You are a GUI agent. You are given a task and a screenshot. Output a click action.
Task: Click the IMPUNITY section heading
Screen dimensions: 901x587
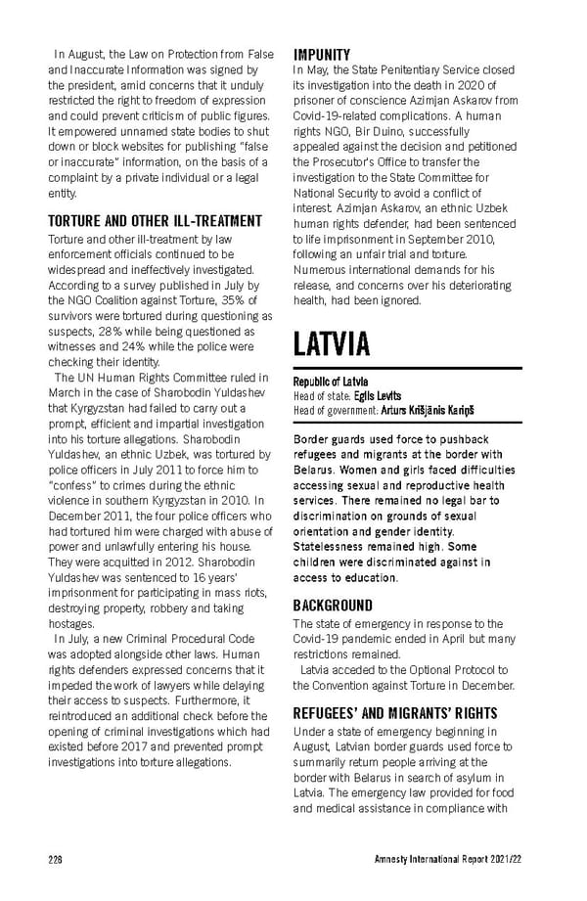[x=322, y=55]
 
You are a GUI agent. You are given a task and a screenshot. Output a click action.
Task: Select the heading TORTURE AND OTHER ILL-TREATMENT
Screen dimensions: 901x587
[x=155, y=221]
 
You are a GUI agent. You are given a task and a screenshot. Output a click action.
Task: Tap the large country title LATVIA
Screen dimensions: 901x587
[x=332, y=344]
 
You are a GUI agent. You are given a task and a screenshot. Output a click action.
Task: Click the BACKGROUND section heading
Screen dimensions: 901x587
[x=333, y=606]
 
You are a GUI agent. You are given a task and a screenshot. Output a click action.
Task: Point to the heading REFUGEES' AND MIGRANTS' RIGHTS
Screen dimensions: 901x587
[x=395, y=713]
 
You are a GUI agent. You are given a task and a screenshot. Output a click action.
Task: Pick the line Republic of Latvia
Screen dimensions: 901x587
[x=331, y=381]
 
